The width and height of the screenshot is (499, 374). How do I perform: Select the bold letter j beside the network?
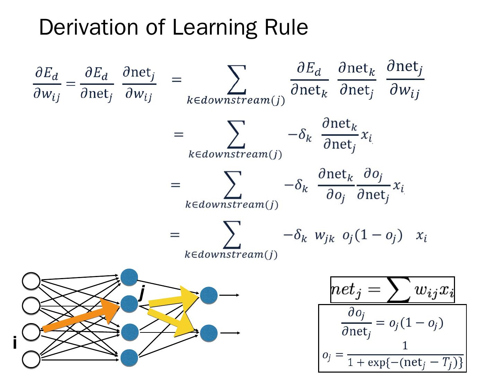[141, 294]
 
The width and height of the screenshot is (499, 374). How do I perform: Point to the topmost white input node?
[31, 281]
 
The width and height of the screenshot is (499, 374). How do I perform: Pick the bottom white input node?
[31, 359]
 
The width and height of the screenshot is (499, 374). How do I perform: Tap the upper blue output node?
[209, 295]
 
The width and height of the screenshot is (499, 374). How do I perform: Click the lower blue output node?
[209, 333]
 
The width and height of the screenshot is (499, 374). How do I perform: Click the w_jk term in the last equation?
[324, 236]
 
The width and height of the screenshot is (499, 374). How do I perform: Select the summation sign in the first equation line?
[237, 80]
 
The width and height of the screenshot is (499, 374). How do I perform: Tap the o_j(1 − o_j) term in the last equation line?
[372, 236]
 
